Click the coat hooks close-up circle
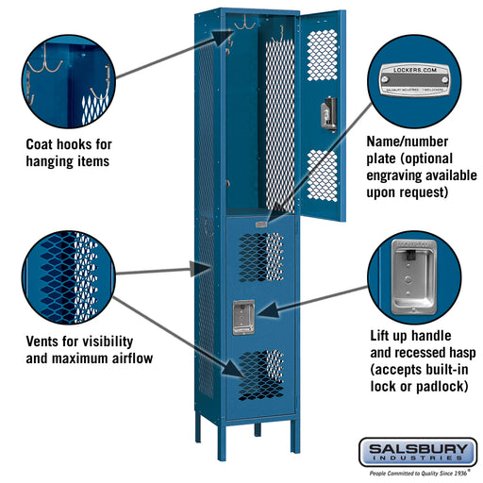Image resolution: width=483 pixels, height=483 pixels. [67, 76]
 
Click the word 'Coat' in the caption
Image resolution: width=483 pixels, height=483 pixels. [42, 145]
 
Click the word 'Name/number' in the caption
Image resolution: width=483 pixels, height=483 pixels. [407, 141]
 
